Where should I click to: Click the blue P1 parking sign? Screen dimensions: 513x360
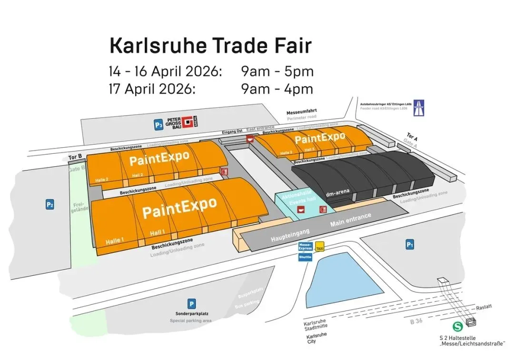tap(410, 245)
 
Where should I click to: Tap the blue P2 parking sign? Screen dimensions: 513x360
tap(49, 205)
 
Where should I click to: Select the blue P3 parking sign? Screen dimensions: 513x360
tap(158, 125)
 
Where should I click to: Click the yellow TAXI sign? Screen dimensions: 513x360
tap(320, 247)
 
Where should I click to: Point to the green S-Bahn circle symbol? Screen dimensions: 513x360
tap(458, 327)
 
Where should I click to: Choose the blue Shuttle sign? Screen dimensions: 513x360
tap(305, 257)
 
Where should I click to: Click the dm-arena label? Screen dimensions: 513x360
tap(338, 192)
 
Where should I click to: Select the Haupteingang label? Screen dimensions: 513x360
tap(290, 233)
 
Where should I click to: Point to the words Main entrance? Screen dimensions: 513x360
tap(351, 220)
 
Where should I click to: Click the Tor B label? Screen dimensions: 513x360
tap(76, 157)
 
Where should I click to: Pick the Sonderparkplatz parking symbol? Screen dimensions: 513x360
tap(191, 304)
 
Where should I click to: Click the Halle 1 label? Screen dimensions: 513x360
tap(113, 241)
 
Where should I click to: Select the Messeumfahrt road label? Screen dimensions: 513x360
tap(301, 112)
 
